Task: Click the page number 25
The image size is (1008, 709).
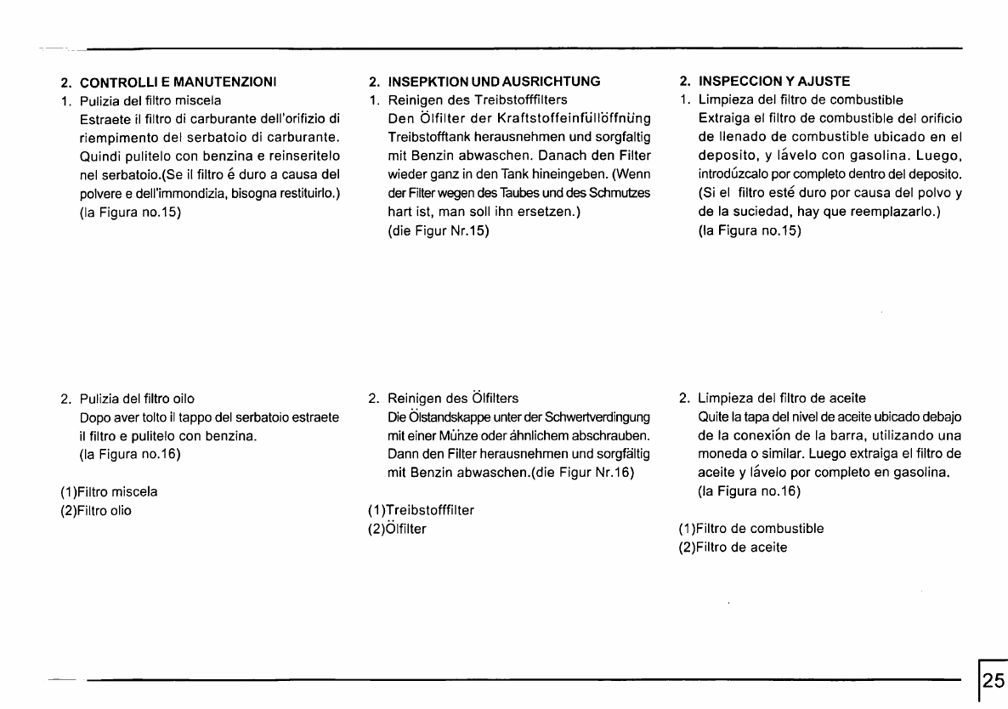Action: click(x=993, y=681)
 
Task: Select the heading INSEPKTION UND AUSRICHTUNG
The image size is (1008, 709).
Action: click(x=494, y=82)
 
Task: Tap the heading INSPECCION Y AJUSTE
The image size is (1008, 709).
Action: click(x=773, y=82)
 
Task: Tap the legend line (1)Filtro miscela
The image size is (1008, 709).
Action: click(x=109, y=491)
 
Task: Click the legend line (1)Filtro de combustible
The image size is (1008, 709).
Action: click(x=751, y=529)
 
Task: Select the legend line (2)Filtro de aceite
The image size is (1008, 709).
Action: click(x=733, y=547)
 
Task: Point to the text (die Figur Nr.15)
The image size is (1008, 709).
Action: click(x=439, y=230)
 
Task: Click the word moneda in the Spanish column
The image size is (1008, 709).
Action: click(x=722, y=454)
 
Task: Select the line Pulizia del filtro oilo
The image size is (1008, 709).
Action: click(x=137, y=398)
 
